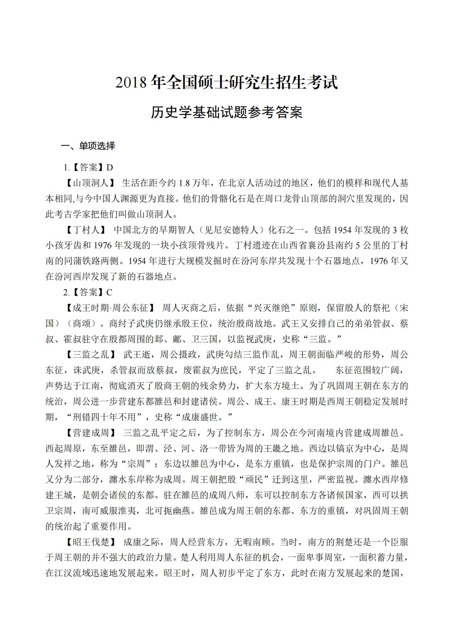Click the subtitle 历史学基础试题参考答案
pos(227,112)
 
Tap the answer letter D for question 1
pos(110,167)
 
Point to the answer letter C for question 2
pos(109,292)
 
